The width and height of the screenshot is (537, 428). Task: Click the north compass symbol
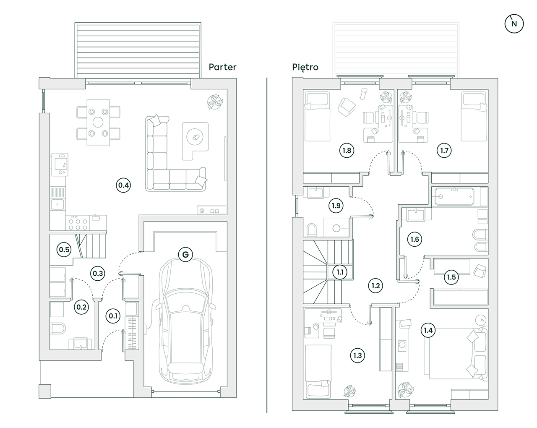pos(514,24)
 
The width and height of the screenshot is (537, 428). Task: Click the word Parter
pos(222,67)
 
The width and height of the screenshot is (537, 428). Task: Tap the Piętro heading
pos(305,67)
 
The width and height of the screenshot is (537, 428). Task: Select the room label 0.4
pos(124,185)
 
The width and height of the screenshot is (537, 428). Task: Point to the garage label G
pos(185,254)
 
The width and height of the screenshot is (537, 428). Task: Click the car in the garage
pos(185,319)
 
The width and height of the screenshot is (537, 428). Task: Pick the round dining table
pos(98,123)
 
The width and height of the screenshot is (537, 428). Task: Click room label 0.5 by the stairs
pos(64,250)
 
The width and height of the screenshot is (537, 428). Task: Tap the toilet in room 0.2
pos(57,328)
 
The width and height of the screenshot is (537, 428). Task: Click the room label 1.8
pos(346,150)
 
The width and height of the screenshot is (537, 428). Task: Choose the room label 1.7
pos(444,150)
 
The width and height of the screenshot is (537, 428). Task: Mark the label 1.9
pos(336,206)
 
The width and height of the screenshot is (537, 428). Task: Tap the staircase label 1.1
pos(340,272)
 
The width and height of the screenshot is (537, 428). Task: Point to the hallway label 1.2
pos(375,286)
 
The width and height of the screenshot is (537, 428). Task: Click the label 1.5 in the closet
pos(451,277)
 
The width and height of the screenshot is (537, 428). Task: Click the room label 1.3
pos(357,355)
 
